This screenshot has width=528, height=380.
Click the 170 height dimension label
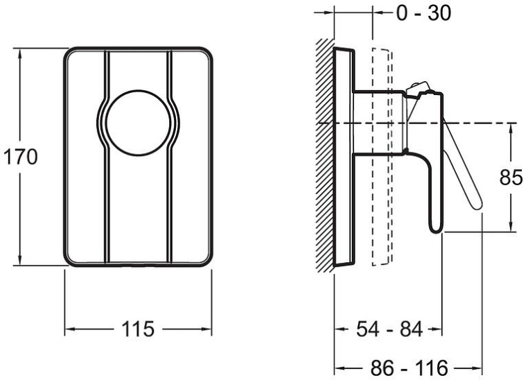pyautogui.click(x=20, y=157)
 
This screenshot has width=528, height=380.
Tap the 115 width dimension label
pyautogui.click(x=138, y=329)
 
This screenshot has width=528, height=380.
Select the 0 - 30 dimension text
pyautogui.click(x=423, y=13)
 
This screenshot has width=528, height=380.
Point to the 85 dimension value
pyautogui.click(x=511, y=178)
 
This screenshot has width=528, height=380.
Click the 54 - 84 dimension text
pyautogui.click(x=389, y=329)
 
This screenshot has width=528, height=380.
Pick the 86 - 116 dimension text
pyautogui.click(x=410, y=368)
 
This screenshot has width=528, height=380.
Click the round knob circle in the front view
pyautogui.click(x=138, y=123)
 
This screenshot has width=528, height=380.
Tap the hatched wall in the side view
pyautogui.click(x=325, y=156)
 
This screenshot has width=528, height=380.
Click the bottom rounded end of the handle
pyautogui.click(x=436, y=228)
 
